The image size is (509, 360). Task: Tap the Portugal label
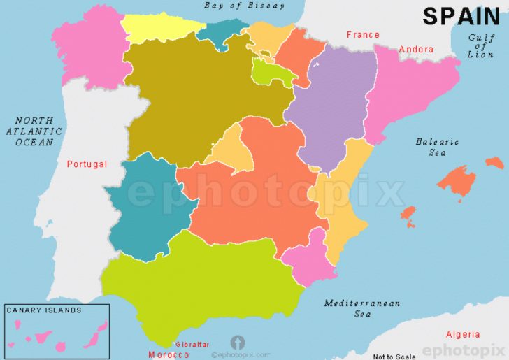[x=87, y=164]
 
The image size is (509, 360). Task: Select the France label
[x=363, y=34]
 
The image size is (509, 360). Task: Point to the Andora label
[x=416, y=50]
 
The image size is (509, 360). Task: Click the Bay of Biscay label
[x=244, y=6]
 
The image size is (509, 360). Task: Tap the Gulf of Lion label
[x=480, y=46]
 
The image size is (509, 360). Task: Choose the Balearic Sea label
[x=437, y=147]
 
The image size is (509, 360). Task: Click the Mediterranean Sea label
[x=362, y=308]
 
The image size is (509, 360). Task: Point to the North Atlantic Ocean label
[x=34, y=131]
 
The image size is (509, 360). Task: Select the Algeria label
[x=463, y=334]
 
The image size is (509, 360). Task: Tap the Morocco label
[x=169, y=354]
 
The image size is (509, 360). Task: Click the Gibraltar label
[x=192, y=345]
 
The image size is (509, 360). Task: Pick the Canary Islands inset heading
[x=43, y=310]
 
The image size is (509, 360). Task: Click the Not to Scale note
[x=393, y=357]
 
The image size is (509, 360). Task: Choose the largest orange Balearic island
[x=459, y=180]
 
